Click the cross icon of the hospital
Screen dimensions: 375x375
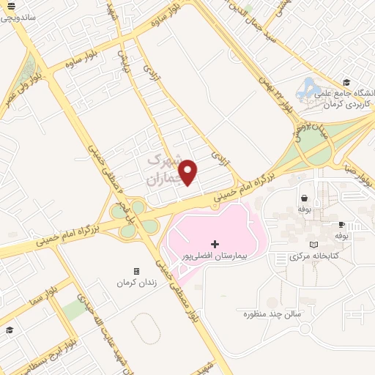pyautogui.click(x=215, y=244)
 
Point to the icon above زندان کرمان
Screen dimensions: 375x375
pyautogui.click(x=135, y=271)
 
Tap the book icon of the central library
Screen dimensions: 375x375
pyautogui.click(x=314, y=245)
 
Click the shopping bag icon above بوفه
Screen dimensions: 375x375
pyautogui.click(x=303, y=198)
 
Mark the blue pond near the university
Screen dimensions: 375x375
pyautogui.click(x=308, y=88)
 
